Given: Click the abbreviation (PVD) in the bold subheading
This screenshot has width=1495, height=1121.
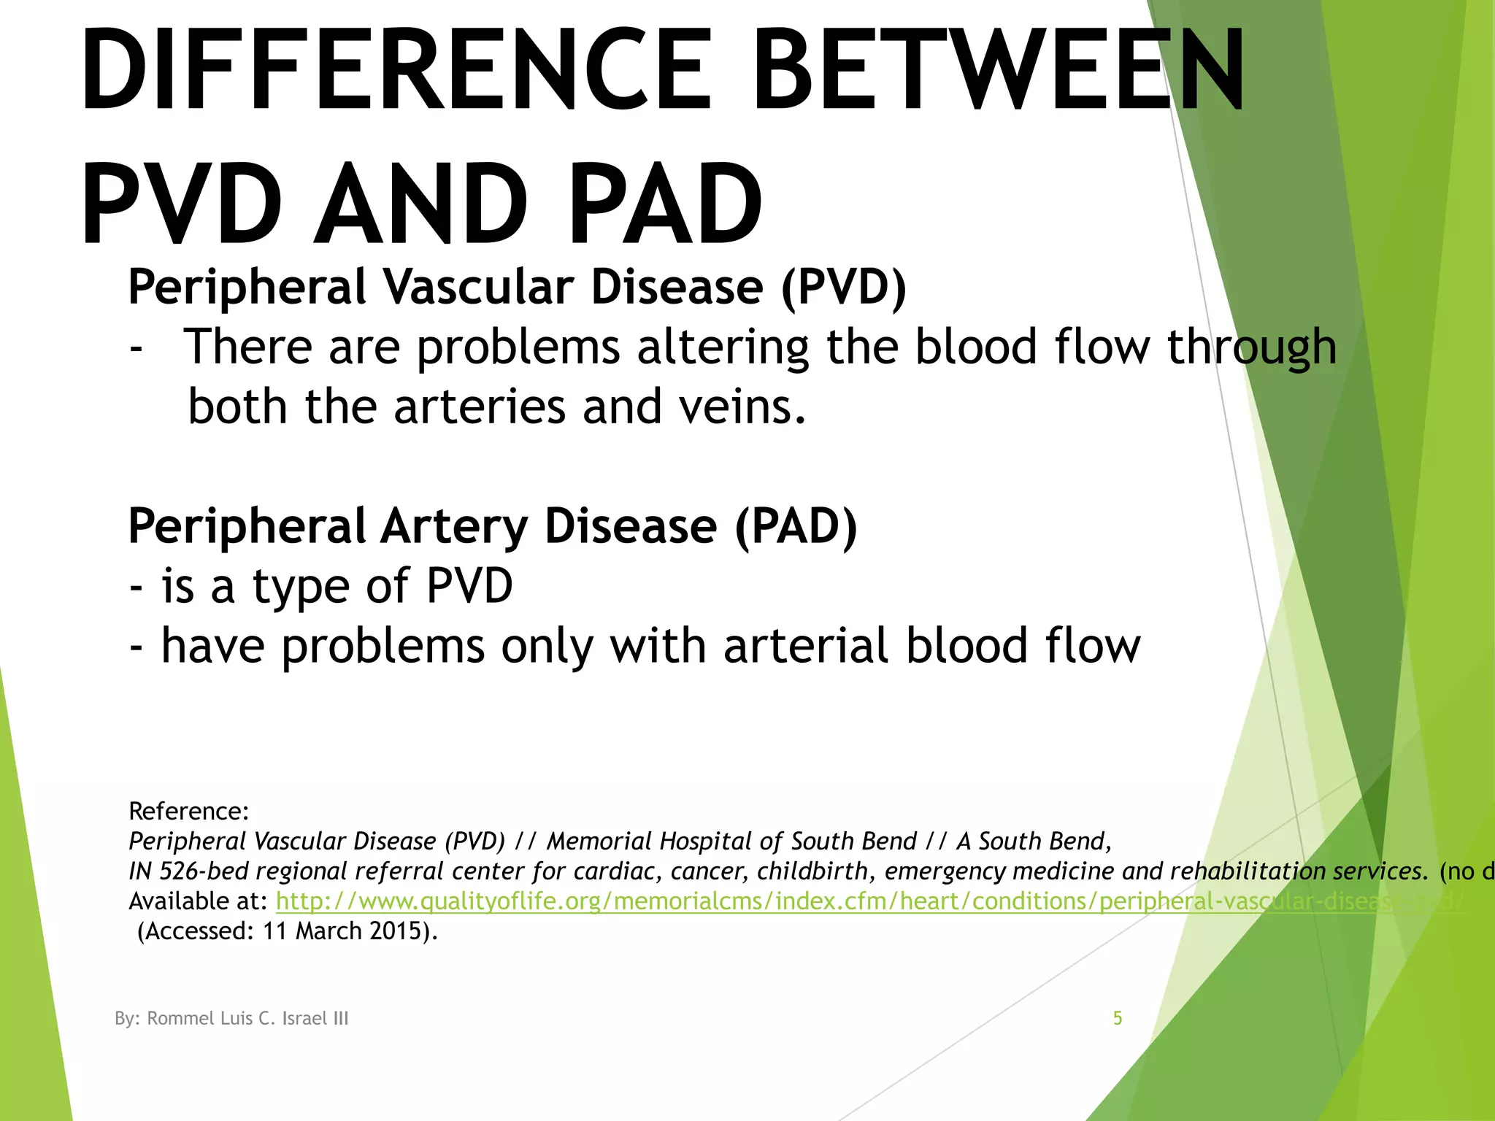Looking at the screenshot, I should coord(843,287).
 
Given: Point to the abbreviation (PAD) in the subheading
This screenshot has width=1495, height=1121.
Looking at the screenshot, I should coord(796,526).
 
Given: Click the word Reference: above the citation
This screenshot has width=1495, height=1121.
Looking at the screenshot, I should coord(189,811).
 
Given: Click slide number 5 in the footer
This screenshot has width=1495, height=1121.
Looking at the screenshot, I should coord(1117,1018).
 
